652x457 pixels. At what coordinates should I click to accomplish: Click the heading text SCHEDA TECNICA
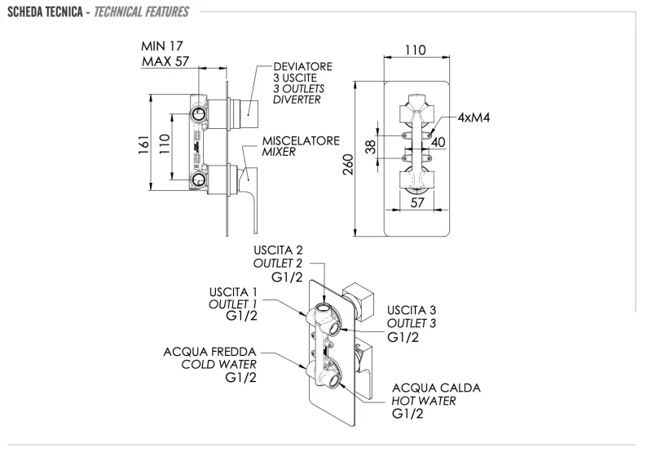[x=42, y=12]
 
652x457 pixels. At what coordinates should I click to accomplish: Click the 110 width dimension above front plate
[x=416, y=51]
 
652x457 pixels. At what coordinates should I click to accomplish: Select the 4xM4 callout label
[x=474, y=117]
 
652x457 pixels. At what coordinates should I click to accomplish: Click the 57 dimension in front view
[x=416, y=203]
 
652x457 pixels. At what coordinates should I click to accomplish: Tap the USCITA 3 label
[x=412, y=310]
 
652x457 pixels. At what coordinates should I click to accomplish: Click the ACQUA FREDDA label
[x=214, y=351]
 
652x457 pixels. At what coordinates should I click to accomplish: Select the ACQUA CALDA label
[x=436, y=387]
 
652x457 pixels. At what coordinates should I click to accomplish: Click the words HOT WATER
[x=424, y=401]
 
